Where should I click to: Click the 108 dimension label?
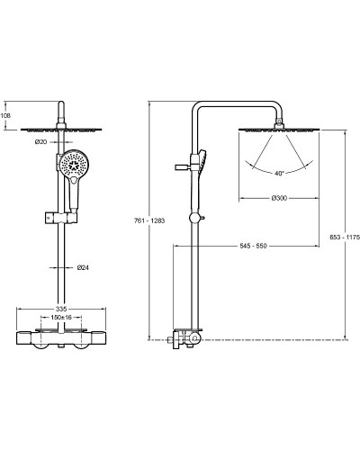[x=5, y=115]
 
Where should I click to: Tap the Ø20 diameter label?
[x=40, y=142]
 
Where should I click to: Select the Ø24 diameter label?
[x=83, y=267]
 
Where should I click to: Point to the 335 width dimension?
[x=61, y=309]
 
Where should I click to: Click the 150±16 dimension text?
[x=61, y=318]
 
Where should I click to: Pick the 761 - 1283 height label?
[x=149, y=220]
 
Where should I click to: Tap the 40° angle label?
[x=279, y=174]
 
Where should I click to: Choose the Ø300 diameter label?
[x=279, y=198]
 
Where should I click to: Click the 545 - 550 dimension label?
[x=253, y=246]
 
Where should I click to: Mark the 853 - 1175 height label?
[x=345, y=237]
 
